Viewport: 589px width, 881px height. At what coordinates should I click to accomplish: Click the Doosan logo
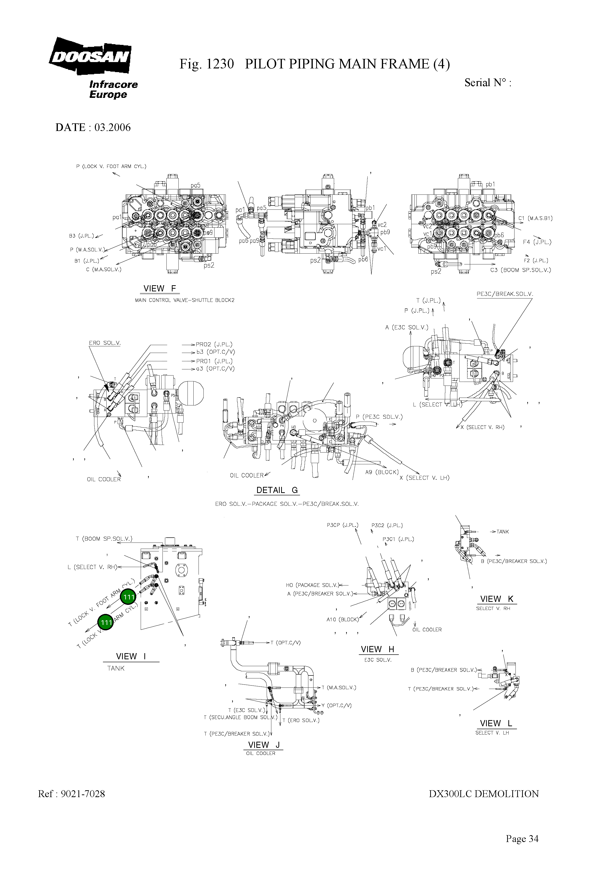90,56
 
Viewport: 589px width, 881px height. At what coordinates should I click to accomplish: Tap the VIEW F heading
159,288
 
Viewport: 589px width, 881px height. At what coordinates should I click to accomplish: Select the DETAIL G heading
277,490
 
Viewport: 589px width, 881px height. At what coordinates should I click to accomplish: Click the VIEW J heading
264,745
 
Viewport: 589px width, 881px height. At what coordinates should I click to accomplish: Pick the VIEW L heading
496,723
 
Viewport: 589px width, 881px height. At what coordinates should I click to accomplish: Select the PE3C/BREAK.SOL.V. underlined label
504,294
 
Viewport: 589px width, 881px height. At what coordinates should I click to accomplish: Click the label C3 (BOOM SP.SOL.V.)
520,270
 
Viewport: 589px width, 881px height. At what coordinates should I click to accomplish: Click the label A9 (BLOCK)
382,472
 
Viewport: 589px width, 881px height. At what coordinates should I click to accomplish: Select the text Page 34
522,839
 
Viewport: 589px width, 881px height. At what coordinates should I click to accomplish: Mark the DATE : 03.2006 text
93,127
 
